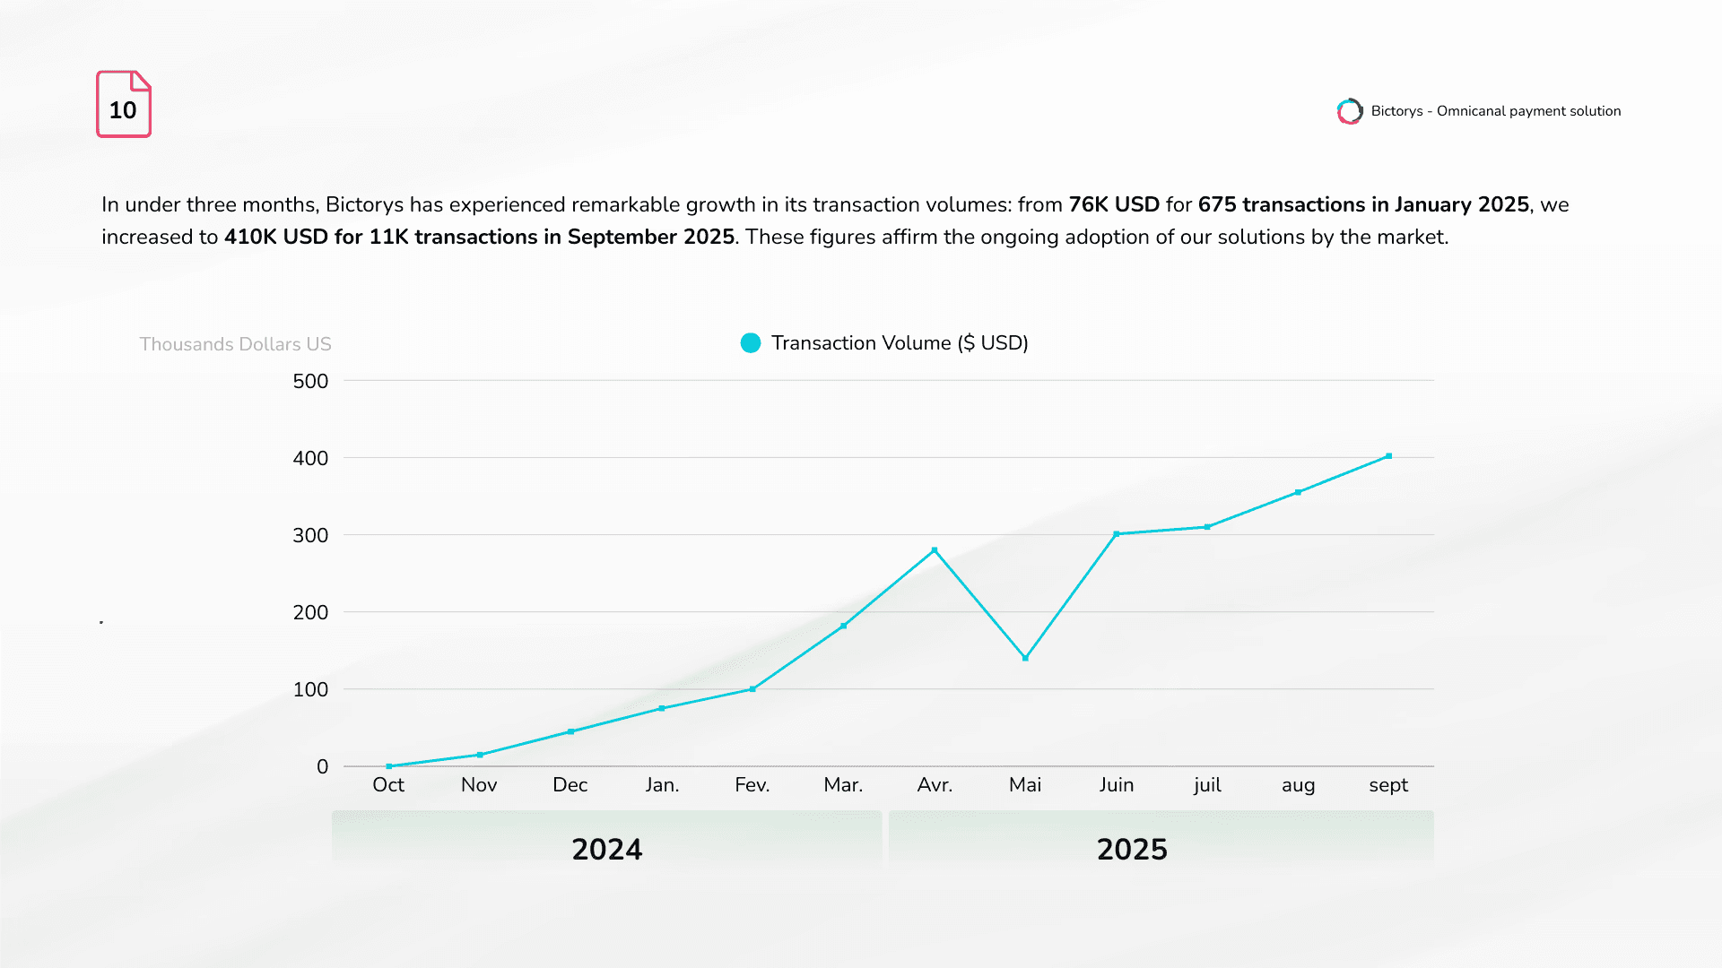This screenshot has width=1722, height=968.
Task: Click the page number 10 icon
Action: [x=124, y=104]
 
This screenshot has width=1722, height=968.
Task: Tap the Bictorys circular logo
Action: [x=1349, y=111]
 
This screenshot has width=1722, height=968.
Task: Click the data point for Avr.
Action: [x=935, y=550]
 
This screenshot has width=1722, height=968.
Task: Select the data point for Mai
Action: [x=1025, y=658]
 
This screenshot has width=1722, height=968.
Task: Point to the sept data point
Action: [x=1388, y=456]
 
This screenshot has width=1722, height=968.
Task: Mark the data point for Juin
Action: [x=1117, y=534]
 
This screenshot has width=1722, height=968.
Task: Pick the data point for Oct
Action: [x=388, y=766]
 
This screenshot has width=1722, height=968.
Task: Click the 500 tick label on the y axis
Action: [x=310, y=381]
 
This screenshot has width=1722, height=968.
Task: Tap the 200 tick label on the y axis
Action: [x=310, y=612]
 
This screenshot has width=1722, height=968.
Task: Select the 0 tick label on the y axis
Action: [x=322, y=766]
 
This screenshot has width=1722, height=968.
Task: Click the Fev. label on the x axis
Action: [x=752, y=785]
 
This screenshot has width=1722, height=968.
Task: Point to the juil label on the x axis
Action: [x=1207, y=785]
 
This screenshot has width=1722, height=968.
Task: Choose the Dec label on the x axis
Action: [x=570, y=785]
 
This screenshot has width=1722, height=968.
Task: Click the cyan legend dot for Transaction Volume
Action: [x=751, y=343]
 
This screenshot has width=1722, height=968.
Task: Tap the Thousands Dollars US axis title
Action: [x=235, y=344]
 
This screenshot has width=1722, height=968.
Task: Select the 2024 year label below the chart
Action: [x=607, y=849]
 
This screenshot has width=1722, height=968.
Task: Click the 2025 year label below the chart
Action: [x=1132, y=849]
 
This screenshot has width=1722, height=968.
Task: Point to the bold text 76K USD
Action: [x=1114, y=204]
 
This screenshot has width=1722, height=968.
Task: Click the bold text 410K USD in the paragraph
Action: [x=275, y=237]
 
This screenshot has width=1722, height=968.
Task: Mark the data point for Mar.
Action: [x=843, y=626]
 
